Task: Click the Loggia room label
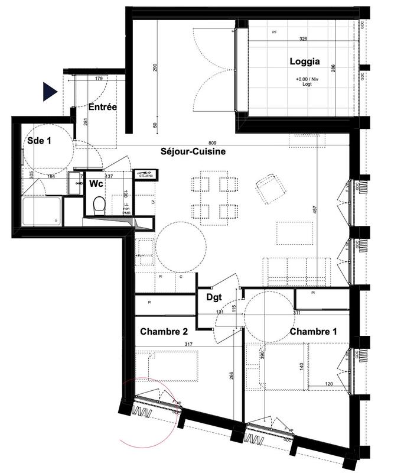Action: pyautogui.click(x=305, y=61)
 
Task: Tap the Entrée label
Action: pyautogui.click(x=103, y=107)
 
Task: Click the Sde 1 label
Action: pyautogui.click(x=39, y=141)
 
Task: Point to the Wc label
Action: pyautogui.click(x=97, y=184)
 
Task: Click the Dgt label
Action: pyautogui.click(x=214, y=299)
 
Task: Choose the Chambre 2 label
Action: pyautogui.click(x=164, y=332)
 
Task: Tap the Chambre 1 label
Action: pyautogui.click(x=314, y=332)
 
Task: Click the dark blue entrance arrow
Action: pyautogui.click(x=49, y=92)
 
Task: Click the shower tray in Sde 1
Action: pyautogui.click(x=41, y=212)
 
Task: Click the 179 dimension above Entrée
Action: pyautogui.click(x=99, y=77)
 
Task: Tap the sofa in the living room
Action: pyautogui.click(x=298, y=271)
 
